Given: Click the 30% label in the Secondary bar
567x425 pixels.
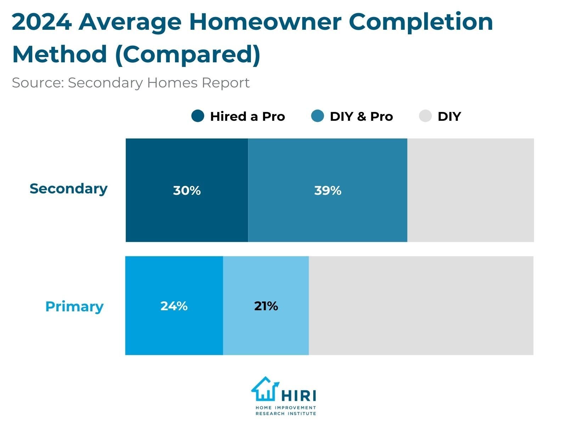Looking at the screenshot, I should [x=187, y=191].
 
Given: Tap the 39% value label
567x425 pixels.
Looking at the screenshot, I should [x=328, y=191].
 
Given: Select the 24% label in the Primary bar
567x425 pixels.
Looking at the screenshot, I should [x=174, y=306].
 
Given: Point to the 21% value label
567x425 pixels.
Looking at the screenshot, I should [x=266, y=306].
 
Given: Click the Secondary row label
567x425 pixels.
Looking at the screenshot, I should [x=68, y=188].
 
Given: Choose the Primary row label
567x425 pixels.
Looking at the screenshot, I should [x=74, y=306].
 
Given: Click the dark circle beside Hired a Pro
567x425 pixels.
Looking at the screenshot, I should [x=198, y=116].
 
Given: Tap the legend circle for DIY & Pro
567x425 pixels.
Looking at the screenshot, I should [x=318, y=116].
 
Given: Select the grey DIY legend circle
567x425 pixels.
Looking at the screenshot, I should [x=425, y=116].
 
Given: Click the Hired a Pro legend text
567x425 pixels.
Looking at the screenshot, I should [x=247, y=117].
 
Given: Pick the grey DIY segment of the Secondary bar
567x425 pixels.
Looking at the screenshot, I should [x=470, y=190].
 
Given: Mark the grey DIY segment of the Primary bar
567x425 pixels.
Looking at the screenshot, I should [x=421, y=305].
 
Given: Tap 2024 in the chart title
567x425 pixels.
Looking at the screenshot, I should [x=41, y=22].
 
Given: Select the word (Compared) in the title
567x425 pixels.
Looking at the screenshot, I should [x=188, y=55].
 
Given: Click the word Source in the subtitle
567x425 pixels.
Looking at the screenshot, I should [x=38, y=83].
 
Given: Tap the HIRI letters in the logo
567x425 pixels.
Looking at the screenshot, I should [x=299, y=395].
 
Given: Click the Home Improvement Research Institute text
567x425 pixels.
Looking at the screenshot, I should [x=286, y=411].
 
